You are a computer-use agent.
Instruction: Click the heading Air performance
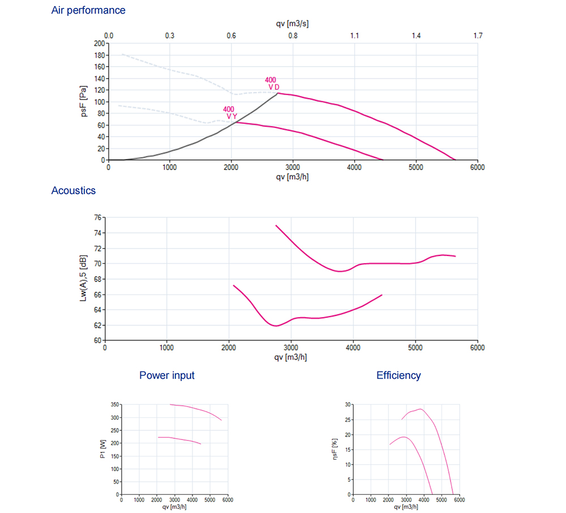[88, 10]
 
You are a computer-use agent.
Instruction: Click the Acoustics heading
[74, 190]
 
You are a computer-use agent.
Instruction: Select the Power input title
[167, 375]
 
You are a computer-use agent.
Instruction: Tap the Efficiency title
[398, 375]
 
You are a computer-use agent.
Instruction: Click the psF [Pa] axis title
[83, 101]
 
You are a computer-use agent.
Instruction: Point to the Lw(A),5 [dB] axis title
[83, 279]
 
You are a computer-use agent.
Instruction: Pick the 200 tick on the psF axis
[99, 43]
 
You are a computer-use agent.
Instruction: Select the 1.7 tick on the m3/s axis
[478, 36]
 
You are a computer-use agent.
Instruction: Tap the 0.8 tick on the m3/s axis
[293, 36]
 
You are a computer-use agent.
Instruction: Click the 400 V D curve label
[272, 83]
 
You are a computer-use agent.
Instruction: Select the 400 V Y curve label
[229, 113]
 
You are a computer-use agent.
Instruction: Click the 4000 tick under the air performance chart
[354, 167]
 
